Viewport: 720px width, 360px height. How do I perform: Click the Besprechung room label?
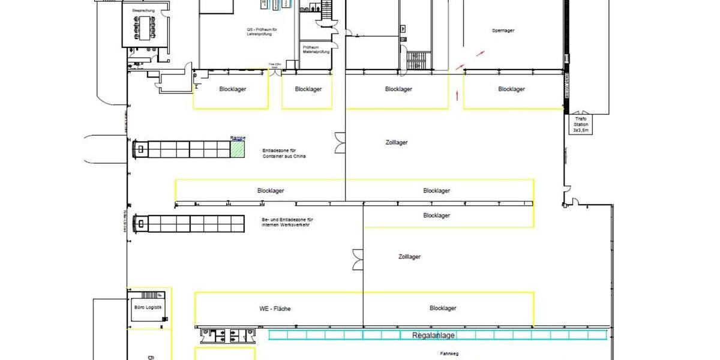(143, 11)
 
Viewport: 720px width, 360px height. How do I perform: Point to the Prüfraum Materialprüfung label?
(318, 49)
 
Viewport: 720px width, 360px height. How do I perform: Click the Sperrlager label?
(503, 30)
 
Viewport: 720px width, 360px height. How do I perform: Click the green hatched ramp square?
(239, 149)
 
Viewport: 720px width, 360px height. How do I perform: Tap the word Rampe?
(238, 138)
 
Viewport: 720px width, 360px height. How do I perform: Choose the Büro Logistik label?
(148, 307)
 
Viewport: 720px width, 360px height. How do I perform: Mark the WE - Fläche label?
(275, 308)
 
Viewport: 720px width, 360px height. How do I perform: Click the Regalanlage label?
(433, 335)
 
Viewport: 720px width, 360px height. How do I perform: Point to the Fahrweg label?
(449, 354)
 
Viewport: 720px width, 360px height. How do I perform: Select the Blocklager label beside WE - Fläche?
(443, 308)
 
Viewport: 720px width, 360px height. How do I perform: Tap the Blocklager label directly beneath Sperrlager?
(511, 89)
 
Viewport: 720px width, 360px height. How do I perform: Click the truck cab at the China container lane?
(139, 148)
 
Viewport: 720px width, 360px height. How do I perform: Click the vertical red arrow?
(457, 94)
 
